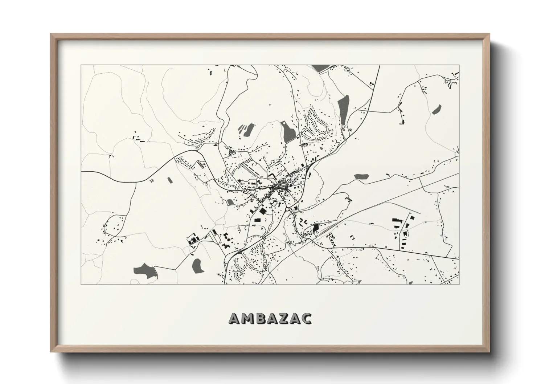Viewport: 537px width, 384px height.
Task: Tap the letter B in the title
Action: pyautogui.click(x=261, y=318)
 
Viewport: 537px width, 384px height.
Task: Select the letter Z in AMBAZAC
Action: pyautogui.click(x=283, y=318)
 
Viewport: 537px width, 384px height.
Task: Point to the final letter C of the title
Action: pyautogui.click(x=306, y=318)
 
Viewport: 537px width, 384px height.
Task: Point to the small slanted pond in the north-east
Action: pyautogui.click(x=436, y=109)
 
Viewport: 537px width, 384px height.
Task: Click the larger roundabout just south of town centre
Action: pyautogui.click(x=287, y=209)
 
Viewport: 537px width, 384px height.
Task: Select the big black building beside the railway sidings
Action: pyautogui.click(x=316, y=228)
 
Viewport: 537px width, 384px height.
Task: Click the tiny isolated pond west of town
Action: pyautogui.click(x=169, y=179)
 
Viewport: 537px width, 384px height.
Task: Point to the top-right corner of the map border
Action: pyautogui.click(x=459, y=65)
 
